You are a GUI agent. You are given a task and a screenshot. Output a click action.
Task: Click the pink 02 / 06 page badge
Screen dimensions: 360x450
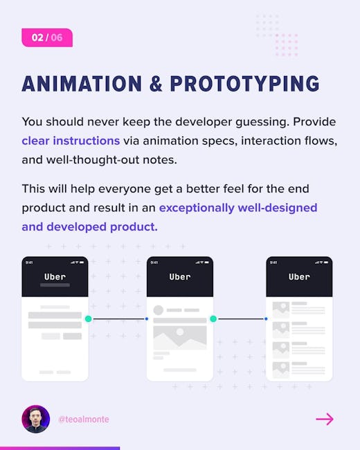[47, 37]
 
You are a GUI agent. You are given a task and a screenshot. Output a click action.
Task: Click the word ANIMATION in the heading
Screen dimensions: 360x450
[82, 84]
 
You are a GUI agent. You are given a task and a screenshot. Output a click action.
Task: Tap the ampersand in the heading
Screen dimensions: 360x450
[156, 84]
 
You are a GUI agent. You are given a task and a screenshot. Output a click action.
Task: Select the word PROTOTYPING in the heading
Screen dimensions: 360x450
[244, 84]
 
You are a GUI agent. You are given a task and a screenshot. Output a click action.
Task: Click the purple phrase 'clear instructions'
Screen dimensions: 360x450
[71, 141]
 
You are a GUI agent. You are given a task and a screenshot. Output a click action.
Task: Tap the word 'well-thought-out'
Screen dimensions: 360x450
[93, 160]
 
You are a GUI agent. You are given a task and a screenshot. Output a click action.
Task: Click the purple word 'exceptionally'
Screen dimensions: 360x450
[197, 208]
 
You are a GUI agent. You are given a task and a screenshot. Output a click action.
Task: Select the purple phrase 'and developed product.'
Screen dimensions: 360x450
[89, 227]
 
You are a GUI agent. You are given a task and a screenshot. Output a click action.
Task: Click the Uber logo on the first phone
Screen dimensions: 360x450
[55, 277]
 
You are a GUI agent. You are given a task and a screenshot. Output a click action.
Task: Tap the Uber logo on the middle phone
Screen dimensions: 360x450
[180, 277]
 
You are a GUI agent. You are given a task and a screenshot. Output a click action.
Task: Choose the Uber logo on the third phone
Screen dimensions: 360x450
[299, 277]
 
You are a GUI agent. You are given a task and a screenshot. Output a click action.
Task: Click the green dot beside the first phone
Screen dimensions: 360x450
[89, 319]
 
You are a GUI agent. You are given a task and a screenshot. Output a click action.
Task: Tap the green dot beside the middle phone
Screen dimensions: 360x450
[213, 319]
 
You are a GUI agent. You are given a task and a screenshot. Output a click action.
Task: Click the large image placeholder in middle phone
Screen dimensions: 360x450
[180, 338]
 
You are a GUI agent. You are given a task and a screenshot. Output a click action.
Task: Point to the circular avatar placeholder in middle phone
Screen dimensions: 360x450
[158, 310]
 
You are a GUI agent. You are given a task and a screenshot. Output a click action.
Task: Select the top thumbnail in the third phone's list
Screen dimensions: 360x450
[281, 309]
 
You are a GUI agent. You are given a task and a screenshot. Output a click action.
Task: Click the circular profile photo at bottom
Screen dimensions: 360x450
[36, 419]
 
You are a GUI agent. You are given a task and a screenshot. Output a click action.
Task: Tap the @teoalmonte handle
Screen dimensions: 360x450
[84, 420]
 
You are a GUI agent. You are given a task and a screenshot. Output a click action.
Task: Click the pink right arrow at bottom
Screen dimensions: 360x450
[325, 420]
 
